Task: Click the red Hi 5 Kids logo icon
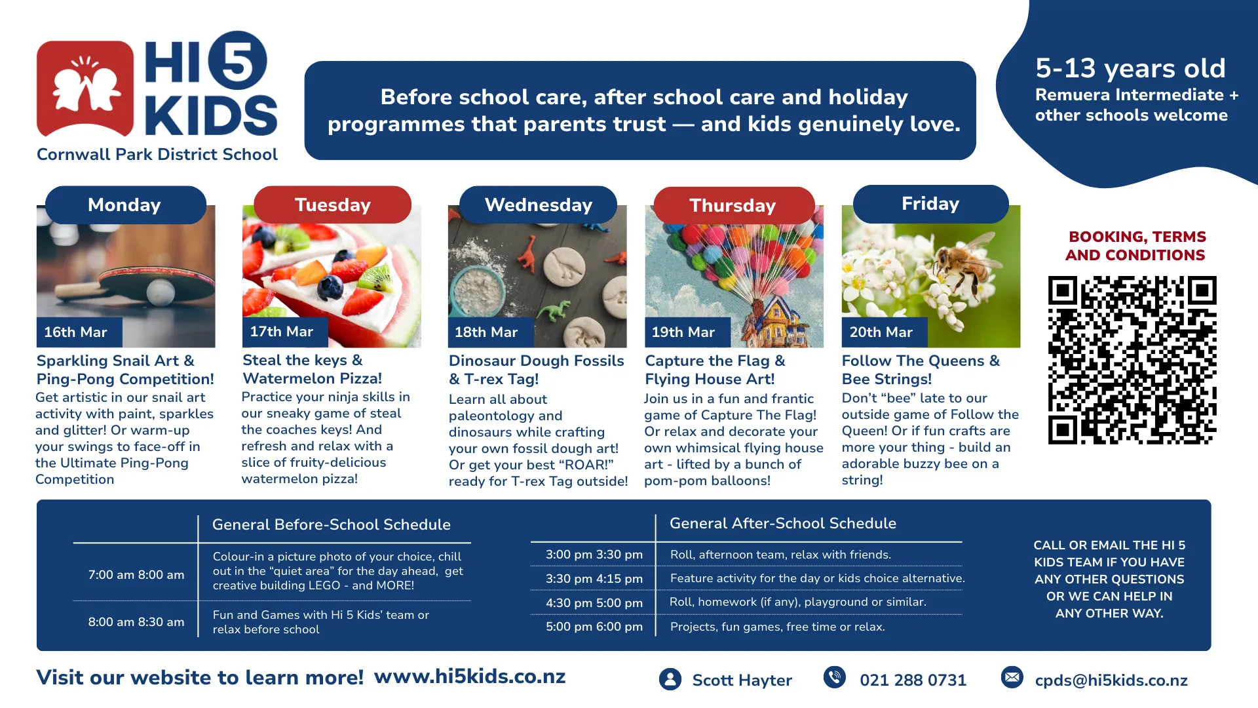coord(85,88)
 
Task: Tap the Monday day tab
coord(125,205)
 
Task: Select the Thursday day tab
coord(734,205)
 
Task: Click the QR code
coord(1132,360)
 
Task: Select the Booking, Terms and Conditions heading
coord(1135,246)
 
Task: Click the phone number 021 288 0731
coord(913,680)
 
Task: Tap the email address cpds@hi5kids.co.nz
coord(1111,680)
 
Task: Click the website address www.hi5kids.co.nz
coord(470,677)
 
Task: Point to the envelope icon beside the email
coord(1012,677)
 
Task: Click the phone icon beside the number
coord(835,677)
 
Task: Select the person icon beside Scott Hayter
coord(670,679)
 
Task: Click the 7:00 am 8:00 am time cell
coord(136,575)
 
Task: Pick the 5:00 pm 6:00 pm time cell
coord(594,627)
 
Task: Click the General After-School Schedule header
coord(783,523)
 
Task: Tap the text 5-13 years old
coord(1130,68)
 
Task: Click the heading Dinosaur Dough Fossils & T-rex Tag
coord(537,370)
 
